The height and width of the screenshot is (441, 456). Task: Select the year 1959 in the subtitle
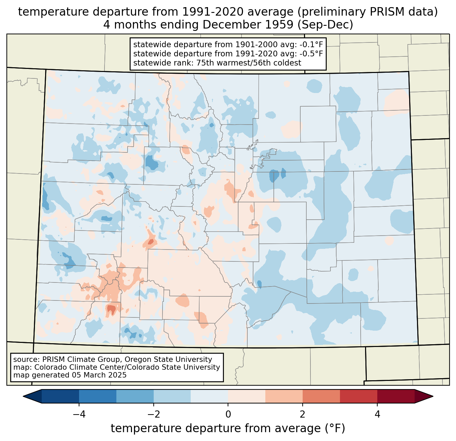coord(280,24)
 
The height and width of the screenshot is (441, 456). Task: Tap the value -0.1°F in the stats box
coord(311,44)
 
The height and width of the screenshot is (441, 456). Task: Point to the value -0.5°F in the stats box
coord(311,53)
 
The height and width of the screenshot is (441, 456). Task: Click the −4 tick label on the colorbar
coord(79,414)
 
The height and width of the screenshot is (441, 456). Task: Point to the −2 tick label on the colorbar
coord(153,414)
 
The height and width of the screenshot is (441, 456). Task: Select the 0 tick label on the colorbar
coord(228,414)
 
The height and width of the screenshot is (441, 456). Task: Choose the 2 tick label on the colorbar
coord(303,414)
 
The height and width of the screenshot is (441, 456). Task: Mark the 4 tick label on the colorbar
coord(377,414)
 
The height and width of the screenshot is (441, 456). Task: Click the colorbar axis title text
coord(228,428)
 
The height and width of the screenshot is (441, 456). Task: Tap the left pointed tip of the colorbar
coord(23,396)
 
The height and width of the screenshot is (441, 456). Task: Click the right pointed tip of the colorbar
coord(433,396)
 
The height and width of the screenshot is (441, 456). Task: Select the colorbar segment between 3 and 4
coord(359,396)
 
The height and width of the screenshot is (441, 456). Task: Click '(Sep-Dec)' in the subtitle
coord(325,25)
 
